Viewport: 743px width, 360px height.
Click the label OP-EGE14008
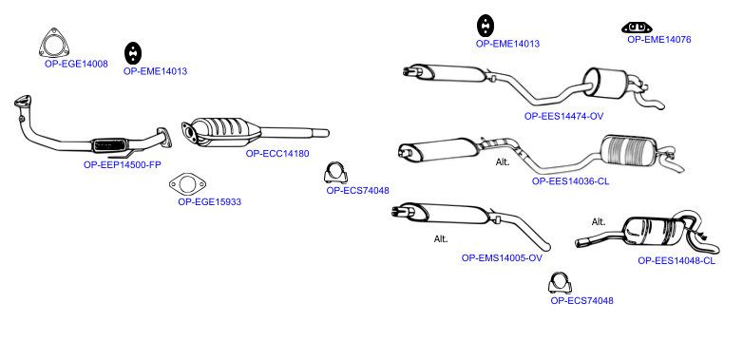coord(76,64)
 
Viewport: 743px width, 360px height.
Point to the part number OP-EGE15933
coord(209,201)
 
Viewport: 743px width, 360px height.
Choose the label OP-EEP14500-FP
coord(123,165)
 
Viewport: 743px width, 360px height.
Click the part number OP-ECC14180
coord(277,154)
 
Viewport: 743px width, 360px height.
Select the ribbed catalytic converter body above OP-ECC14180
coord(221,131)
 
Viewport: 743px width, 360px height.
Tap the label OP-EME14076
coord(659,40)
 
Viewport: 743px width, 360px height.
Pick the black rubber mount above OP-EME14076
coord(637,28)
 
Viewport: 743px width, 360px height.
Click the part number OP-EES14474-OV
coord(563,116)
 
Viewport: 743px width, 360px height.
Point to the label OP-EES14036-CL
coord(570,180)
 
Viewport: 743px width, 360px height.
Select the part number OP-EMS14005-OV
coord(502,258)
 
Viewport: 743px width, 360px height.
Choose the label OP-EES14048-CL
coord(676,260)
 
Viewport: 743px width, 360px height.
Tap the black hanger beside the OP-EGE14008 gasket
coord(134,53)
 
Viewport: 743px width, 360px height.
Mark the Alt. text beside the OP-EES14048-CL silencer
coord(599,221)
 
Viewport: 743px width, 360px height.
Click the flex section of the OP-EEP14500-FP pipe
coord(110,145)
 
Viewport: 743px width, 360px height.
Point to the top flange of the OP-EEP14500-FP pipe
coord(22,102)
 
